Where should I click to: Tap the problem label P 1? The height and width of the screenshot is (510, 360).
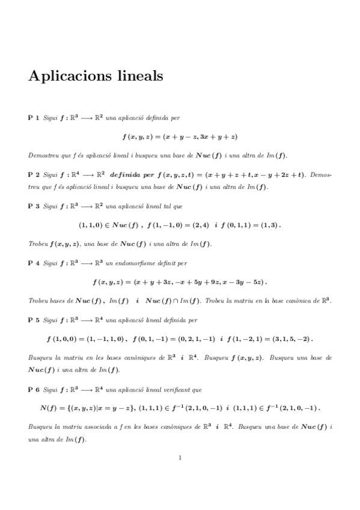click(x=34, y=118)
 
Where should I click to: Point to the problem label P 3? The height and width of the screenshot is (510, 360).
click(x=34, y=206)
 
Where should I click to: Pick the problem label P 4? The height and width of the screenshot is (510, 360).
click(x=34, y=263)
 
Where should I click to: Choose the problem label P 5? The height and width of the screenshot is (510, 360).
click(x=34, y=320)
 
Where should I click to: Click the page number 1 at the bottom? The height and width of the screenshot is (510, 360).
click(x=180, y=458)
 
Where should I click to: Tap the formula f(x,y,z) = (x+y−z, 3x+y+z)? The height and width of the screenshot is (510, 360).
click(x=180, y=137)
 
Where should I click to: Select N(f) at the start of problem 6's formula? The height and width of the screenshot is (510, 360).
click(x=48, y=408)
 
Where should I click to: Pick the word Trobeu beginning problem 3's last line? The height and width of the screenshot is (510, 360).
click(x=37, y=244)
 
